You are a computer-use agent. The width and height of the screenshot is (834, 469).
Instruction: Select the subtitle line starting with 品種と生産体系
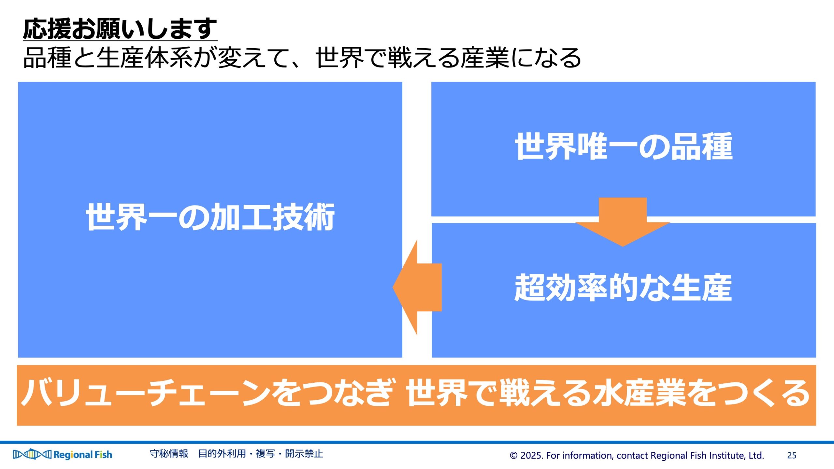[302, 58]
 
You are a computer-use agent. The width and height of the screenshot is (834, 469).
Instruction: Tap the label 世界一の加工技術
[210, 217]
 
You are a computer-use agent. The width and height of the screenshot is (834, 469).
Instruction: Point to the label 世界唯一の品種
[624, 146]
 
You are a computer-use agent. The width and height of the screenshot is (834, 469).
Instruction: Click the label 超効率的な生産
[623, 288]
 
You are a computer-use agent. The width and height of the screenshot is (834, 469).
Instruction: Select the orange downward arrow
[623, 222]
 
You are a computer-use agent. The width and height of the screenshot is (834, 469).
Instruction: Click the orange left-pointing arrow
[417, 287]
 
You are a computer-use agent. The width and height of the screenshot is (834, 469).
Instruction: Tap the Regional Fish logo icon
[32, 454]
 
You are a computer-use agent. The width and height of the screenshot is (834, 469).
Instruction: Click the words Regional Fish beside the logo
[83, 455]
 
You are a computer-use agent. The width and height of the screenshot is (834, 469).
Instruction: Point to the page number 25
[792, 455]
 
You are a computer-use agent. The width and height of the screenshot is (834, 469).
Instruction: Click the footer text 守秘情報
[169, 454]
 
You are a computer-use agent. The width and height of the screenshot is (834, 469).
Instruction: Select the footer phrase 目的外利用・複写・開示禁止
[261, 454]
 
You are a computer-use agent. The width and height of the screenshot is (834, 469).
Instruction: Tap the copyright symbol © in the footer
[513, 455]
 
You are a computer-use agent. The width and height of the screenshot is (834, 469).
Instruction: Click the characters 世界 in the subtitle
[339, 58]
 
